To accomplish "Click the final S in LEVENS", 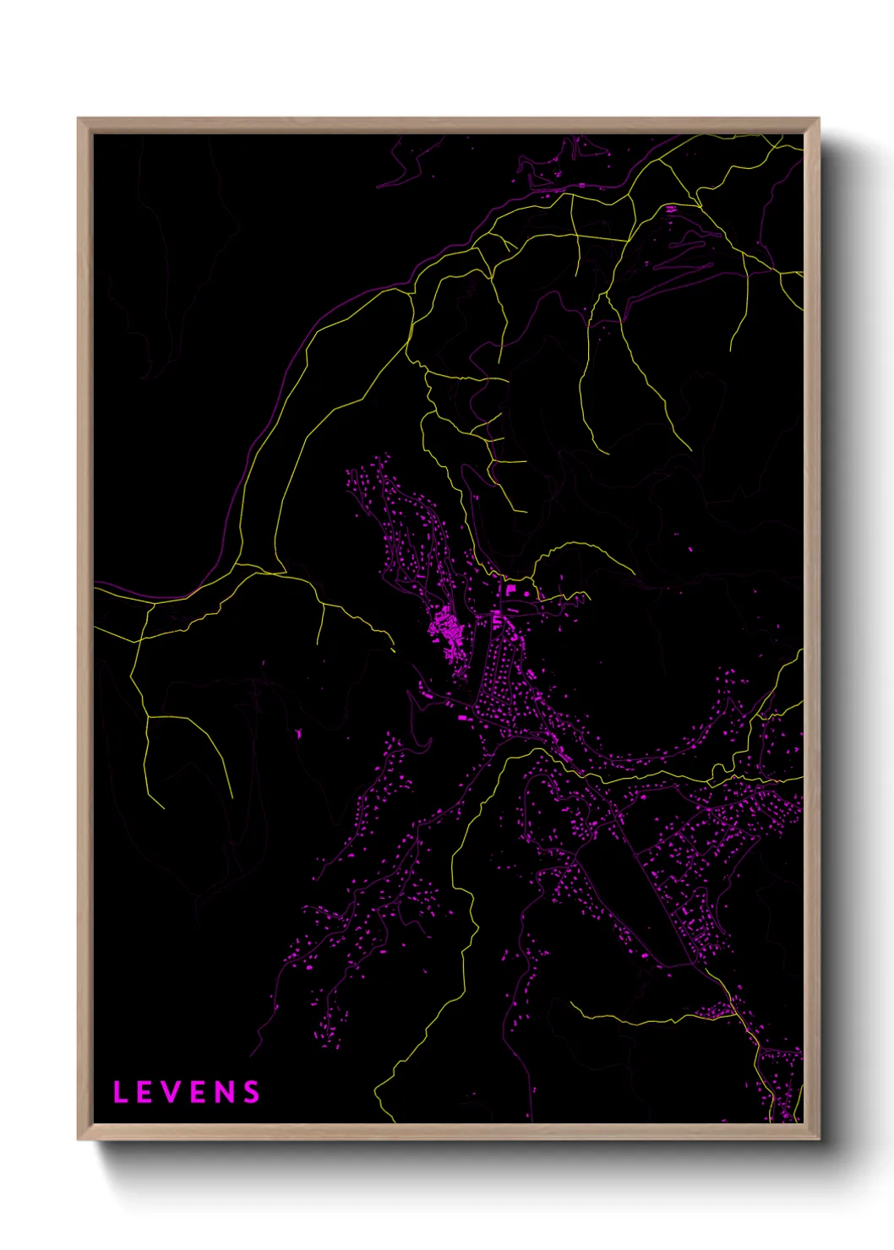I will [x=251, y=1092].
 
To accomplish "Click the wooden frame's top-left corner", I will [x=79, y=119].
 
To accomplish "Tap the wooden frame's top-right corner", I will [x=818, y=119].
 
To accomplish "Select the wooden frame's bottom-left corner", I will [x=79, y=1139].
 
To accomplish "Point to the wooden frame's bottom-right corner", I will [x=818, y=1139].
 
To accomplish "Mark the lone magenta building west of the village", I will [x=298, y=733].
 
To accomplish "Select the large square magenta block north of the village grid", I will [x=510, y=589].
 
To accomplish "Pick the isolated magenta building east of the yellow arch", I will [x=690, y=550].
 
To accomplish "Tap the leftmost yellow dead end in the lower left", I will [x=163, y=807].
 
